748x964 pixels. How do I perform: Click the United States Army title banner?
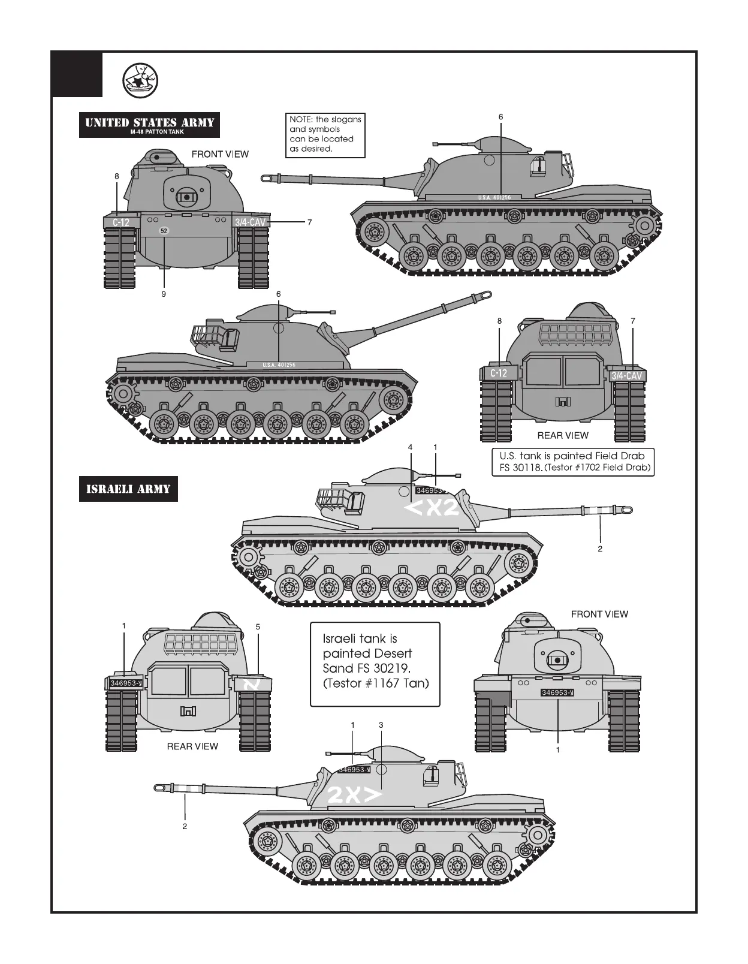pos(149,125)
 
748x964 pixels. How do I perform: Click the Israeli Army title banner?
pos(128,489)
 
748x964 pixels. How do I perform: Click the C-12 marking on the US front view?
pos(120,222)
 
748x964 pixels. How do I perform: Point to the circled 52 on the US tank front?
pos(164,231)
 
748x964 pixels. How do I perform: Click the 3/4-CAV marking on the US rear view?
pos(626,376)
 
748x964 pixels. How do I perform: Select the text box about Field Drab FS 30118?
pos(572,462)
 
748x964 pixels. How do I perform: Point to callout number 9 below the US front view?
pos(163,294)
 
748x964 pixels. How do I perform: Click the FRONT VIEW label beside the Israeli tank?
pos(599,614)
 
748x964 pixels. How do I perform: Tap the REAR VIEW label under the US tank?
pos(562,435)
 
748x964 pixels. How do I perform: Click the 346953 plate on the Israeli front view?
pos(557,693)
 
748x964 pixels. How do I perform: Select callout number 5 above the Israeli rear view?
pos(258,627)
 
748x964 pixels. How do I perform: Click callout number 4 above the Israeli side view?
pos(411,447)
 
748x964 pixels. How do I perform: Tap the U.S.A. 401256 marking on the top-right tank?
pos(494,198)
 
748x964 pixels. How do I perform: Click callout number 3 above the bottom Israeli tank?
pos(381,725)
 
